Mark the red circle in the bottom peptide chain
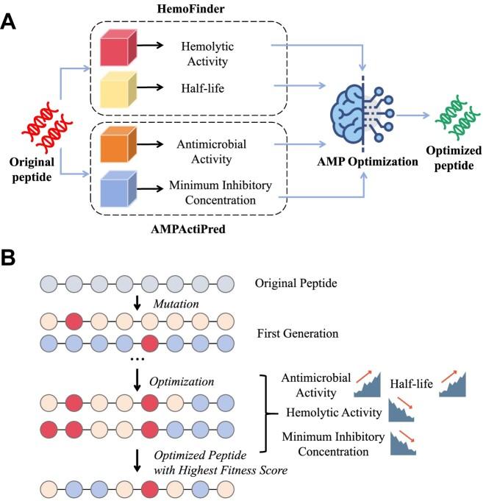pyautogui.click(x=150, y=488)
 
